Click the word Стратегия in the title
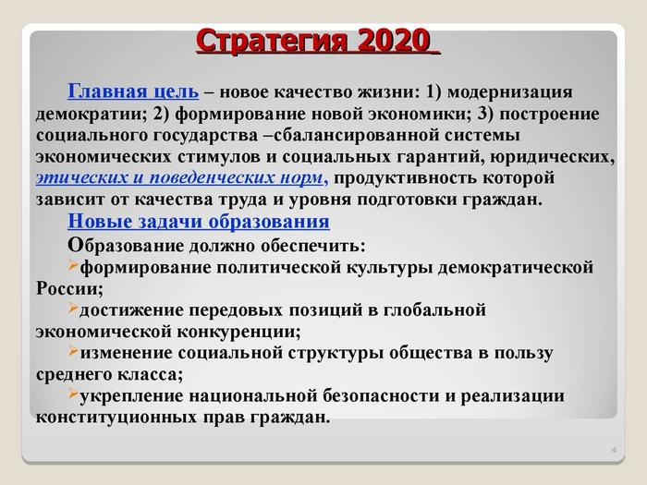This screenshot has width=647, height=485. point(275,42)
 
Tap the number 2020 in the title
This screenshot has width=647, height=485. point(394,41)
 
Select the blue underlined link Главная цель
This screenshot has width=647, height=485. point(133,91)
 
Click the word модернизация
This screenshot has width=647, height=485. point(509,92)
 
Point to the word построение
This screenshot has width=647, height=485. point(549,115)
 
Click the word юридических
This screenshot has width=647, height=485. point(553,157)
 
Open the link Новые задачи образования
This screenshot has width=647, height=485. point(199,221)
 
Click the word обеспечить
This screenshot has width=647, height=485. point(312,246)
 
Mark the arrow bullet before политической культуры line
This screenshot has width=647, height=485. point(73,265)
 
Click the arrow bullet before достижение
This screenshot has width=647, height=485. point(73,308)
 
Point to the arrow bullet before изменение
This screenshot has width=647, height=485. point(73,350)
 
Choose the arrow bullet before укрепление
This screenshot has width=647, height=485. point(73,394)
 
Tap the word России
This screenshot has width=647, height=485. point(69,288)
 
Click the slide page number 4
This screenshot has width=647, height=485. point(614,450)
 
